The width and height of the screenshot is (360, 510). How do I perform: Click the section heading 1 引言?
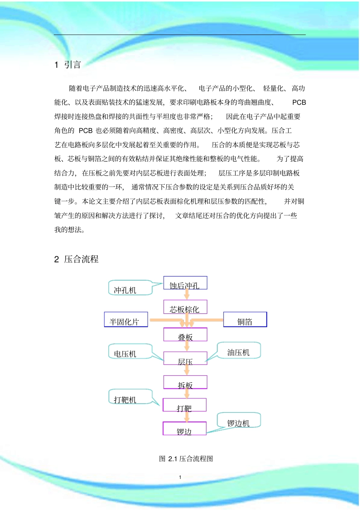68,65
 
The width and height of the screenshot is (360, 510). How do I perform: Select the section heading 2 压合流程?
76,259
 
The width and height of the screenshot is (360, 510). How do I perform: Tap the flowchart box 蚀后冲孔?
185,283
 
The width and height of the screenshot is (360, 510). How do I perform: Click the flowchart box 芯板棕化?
185,307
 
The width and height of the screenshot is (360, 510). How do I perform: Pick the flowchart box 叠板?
185,335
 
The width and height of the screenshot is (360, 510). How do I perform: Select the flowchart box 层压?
185,359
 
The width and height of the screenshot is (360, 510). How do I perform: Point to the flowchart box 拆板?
185,383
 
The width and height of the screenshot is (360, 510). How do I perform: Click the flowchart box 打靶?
185,405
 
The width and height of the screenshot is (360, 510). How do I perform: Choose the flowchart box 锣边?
185,429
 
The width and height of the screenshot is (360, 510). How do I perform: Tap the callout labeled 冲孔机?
125,289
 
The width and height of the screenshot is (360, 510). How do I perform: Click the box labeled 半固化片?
126,320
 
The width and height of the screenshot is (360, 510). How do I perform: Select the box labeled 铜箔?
245,320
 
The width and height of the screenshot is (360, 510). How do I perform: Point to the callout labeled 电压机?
125,352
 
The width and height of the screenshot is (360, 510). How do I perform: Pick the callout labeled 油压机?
239,351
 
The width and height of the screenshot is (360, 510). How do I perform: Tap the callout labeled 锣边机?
239,421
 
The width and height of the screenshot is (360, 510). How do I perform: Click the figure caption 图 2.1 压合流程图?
186,459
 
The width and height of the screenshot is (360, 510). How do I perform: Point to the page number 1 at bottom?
180,477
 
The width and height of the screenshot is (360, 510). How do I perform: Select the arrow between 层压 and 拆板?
186,370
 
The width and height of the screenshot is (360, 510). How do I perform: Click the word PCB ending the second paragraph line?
299,102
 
